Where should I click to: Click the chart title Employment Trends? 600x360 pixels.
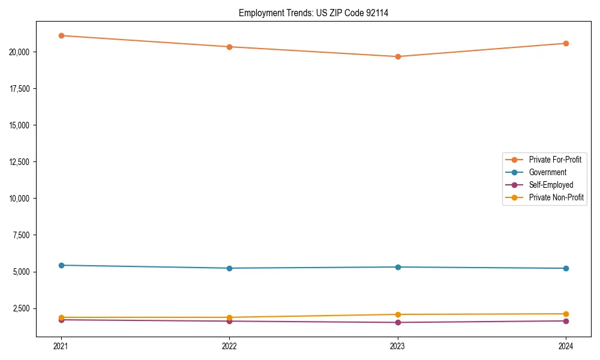(313, 13)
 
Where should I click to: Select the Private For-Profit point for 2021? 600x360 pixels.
(61, 35)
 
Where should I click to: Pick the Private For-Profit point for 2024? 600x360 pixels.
(566, 43)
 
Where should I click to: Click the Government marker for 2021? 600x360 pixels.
(61, 265)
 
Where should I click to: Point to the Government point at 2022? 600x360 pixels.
(229, 268)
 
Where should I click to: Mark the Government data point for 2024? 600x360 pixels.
(566, 268)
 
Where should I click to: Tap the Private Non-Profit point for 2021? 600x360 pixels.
(61, 317)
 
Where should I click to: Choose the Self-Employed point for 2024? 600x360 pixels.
(566, 321)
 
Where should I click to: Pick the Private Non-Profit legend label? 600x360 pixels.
(556, 197)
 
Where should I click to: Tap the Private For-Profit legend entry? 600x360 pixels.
(554, 160)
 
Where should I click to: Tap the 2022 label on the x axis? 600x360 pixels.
(229, 346)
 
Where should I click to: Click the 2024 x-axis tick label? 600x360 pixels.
(566, 346)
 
